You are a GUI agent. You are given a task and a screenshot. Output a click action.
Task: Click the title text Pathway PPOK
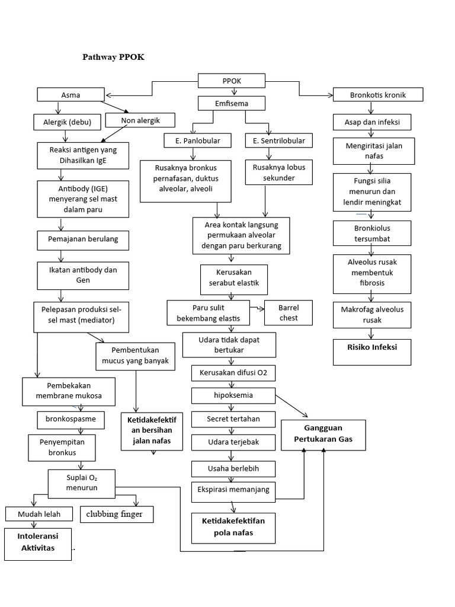click(x=113, y=57)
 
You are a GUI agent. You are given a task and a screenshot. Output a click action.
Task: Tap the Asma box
click(x=71, y=95)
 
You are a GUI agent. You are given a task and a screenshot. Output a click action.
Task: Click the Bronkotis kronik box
click(x=377, y=95)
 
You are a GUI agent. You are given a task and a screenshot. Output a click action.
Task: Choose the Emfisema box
click(x=231, y=104)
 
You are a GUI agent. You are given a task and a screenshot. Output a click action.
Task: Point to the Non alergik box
click(x=140, y=120)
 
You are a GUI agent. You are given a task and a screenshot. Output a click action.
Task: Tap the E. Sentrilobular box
click(x=279, y=140)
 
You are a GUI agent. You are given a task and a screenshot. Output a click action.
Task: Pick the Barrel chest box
click(x=289, y=313)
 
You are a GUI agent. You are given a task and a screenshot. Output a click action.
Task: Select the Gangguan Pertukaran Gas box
click(x=323, y=435)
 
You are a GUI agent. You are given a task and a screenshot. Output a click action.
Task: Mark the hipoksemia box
click(x=233, y=395)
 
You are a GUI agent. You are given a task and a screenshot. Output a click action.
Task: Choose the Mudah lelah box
click(x=40, y=513)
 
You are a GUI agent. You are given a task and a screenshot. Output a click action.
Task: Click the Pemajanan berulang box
click(x=78, y=239)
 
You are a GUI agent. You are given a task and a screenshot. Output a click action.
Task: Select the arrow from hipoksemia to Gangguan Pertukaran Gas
click(x=291, y=407)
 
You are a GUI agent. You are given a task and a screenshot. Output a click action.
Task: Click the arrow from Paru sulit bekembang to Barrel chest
click(x=257, y=308)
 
